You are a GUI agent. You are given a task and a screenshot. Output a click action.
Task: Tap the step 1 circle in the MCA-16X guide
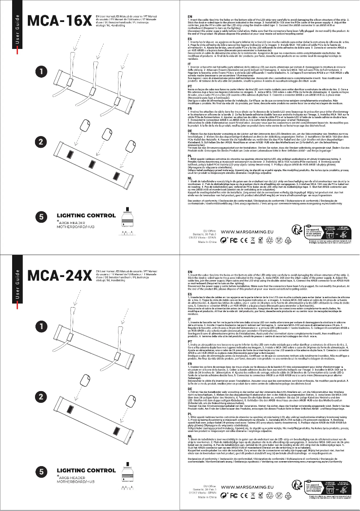click(x=41, y=71)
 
